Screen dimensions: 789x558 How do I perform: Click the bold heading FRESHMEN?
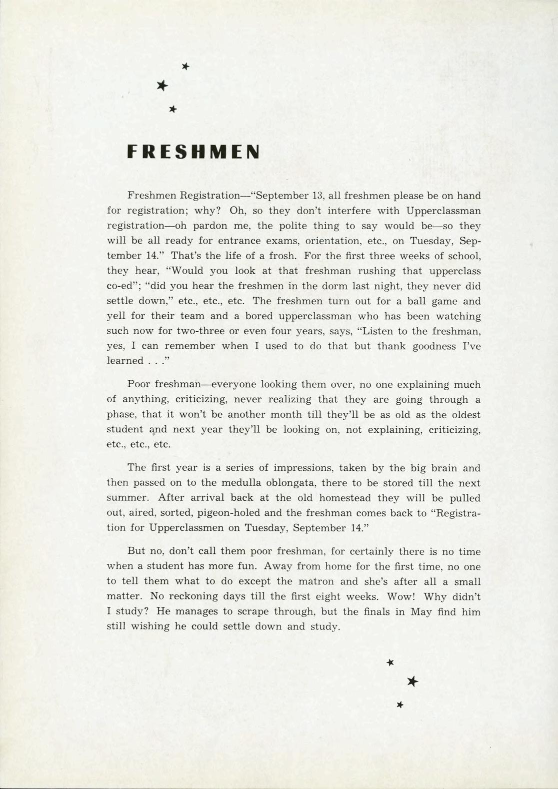pyautogui.click(x=193, y=152)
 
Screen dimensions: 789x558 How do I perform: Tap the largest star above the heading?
pyautogui.click(x=161, y=86)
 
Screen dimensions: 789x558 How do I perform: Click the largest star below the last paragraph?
pyautogui.click(x=412, y=681)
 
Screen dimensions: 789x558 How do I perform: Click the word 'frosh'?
pyautogui.click(x=285, y=256)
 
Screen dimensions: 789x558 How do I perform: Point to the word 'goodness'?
pyautogui.click(x=433, y=346)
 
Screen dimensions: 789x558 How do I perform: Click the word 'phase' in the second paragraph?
pyautogui.click(x=121, y=415)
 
